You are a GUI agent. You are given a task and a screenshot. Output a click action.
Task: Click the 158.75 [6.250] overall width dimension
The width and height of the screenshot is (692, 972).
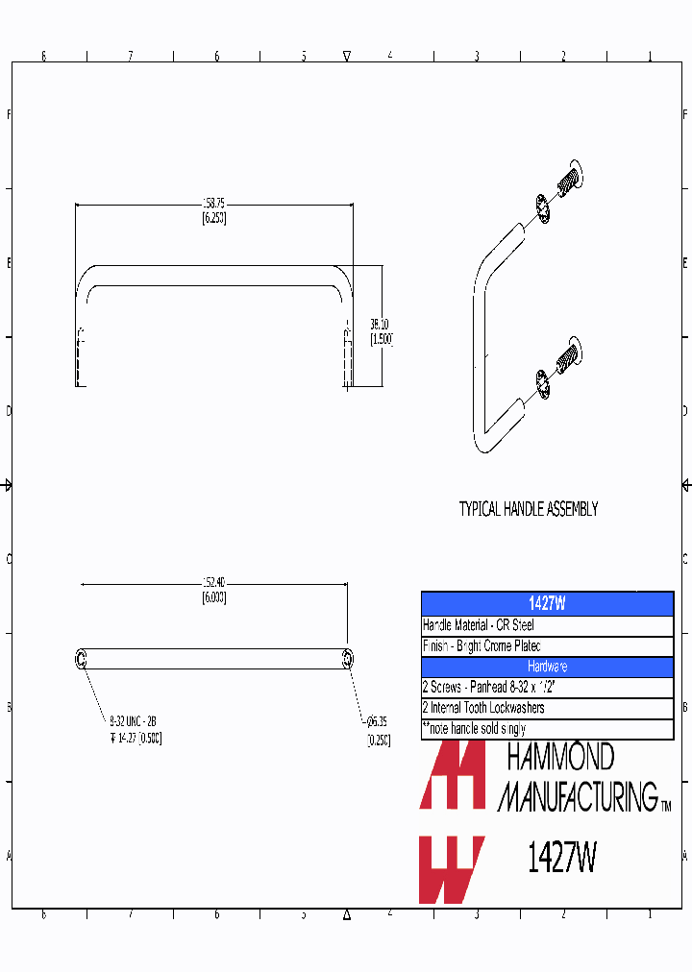(x=213, y=210)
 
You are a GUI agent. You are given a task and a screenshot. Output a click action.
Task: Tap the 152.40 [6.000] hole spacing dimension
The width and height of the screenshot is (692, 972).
(x=213, y=590)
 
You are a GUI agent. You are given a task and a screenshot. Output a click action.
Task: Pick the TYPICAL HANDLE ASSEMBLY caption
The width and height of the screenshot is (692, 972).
(x=528, y=509)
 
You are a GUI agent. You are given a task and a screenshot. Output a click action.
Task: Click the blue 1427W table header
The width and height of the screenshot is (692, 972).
(x=547, y=604)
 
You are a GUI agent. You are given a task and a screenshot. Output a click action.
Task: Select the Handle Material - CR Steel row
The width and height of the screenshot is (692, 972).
(x=547, y=625)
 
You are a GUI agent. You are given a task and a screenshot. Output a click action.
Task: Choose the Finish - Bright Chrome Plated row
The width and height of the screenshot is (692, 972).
(x=547, y=646)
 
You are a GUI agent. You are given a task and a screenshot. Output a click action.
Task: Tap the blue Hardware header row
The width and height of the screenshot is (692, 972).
(x=547, y=667)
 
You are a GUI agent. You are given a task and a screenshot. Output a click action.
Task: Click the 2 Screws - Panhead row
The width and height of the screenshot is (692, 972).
(x=547, y=688)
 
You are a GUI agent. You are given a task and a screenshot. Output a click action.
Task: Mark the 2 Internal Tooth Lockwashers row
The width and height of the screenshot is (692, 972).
(x=547, y=708)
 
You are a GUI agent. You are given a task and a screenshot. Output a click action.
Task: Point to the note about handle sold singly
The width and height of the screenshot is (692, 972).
(x=547, y=729)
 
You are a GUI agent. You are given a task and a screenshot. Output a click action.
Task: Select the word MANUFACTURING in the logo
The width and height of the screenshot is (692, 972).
(x=577, y=796)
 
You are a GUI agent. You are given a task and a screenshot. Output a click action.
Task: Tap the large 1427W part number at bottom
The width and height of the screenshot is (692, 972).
(x=562, y=858)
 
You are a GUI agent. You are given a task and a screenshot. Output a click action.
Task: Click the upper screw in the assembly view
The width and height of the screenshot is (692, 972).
(x=570, y=179)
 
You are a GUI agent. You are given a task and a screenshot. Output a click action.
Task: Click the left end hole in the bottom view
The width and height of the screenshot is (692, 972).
(x=81, y=658)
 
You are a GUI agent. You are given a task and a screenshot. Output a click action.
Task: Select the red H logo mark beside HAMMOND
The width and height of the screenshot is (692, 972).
(x=452, y=776)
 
